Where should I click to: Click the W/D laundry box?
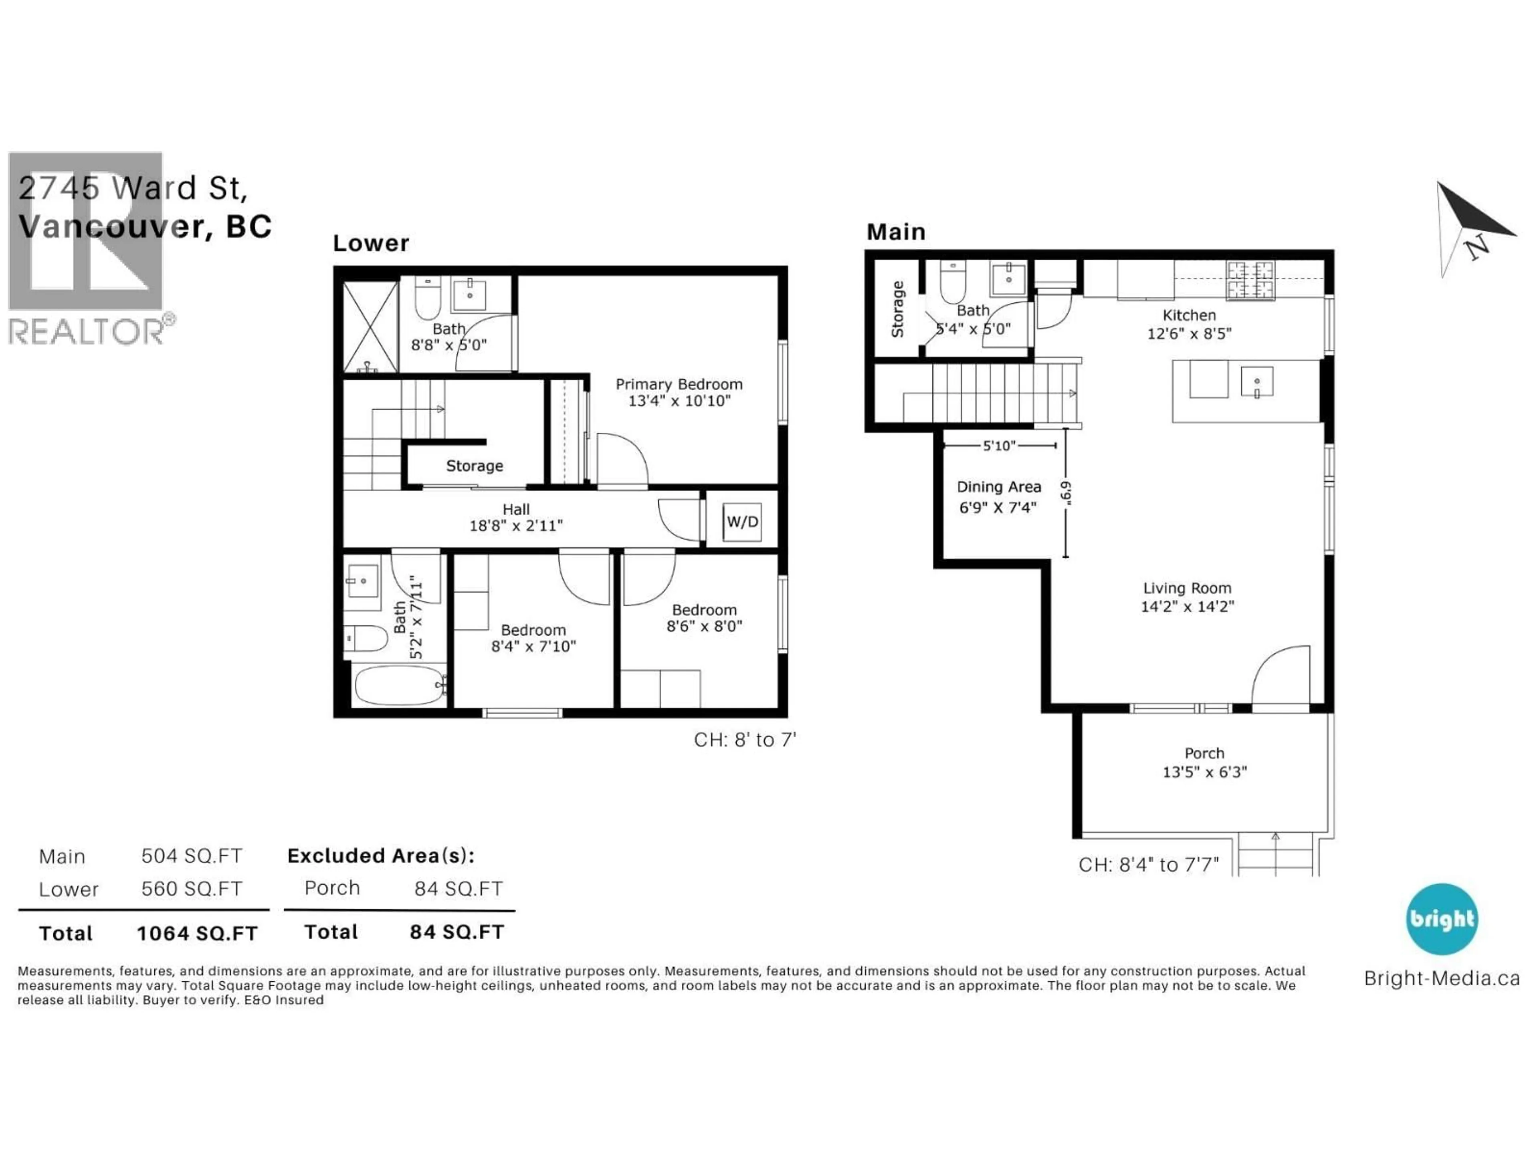(x=742, y=522)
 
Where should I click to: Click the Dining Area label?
(x=998, y=496)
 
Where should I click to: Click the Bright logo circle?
(x=1442, y=919)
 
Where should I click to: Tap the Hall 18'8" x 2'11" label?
(x=515, y=518)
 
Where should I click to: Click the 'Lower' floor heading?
(x=370, y=244)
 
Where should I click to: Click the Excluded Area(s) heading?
(x=381, y=855)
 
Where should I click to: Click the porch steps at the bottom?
(x=1275, y=855)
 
